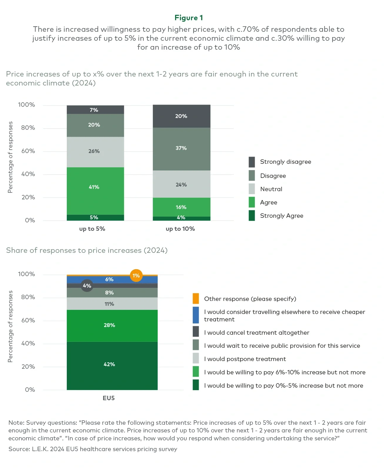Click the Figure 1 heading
point(188,18)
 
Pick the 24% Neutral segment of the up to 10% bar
point(181,184)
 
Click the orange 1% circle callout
point(136,275)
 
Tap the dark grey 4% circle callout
point(87,285)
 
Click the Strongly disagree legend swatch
point(252,162)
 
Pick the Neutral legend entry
point(271,189)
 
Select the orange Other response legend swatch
point(196,298)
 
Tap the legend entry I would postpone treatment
point(245,359)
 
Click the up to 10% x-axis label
point(180,229)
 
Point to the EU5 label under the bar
point(108,398)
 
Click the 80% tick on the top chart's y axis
point(28,128)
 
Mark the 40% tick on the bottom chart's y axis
point(28,343)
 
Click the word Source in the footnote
point(19,449)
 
